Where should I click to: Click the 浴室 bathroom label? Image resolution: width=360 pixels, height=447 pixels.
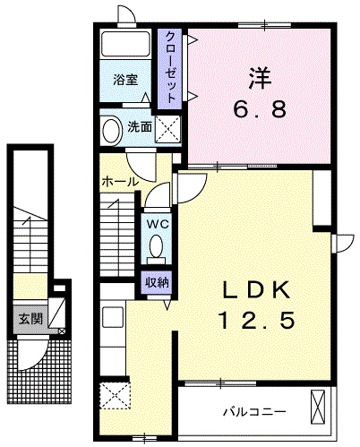pyautogui.click(x=124, y=80)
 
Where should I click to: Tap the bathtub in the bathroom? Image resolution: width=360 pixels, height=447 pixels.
pyautogui.click(x=124, y=46)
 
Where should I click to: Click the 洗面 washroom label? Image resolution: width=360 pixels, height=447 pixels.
pyautogui.click(x=139, y=126)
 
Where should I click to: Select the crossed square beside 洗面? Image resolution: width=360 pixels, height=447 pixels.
pyautogui.click(x=167, y=129)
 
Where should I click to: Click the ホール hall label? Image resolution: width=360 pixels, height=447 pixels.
pyautogui.click(x=120, y=182)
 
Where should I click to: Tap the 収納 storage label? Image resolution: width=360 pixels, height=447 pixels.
pyautogui.click(x=158, y=282)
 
